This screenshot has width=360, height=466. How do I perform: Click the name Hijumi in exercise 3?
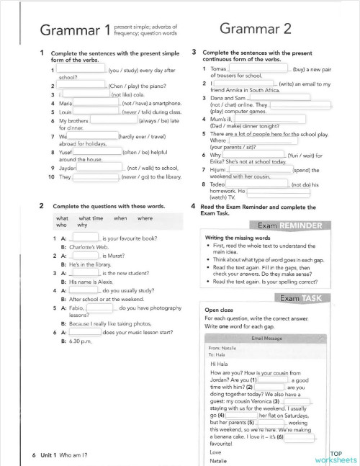click(x=220, y=170)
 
